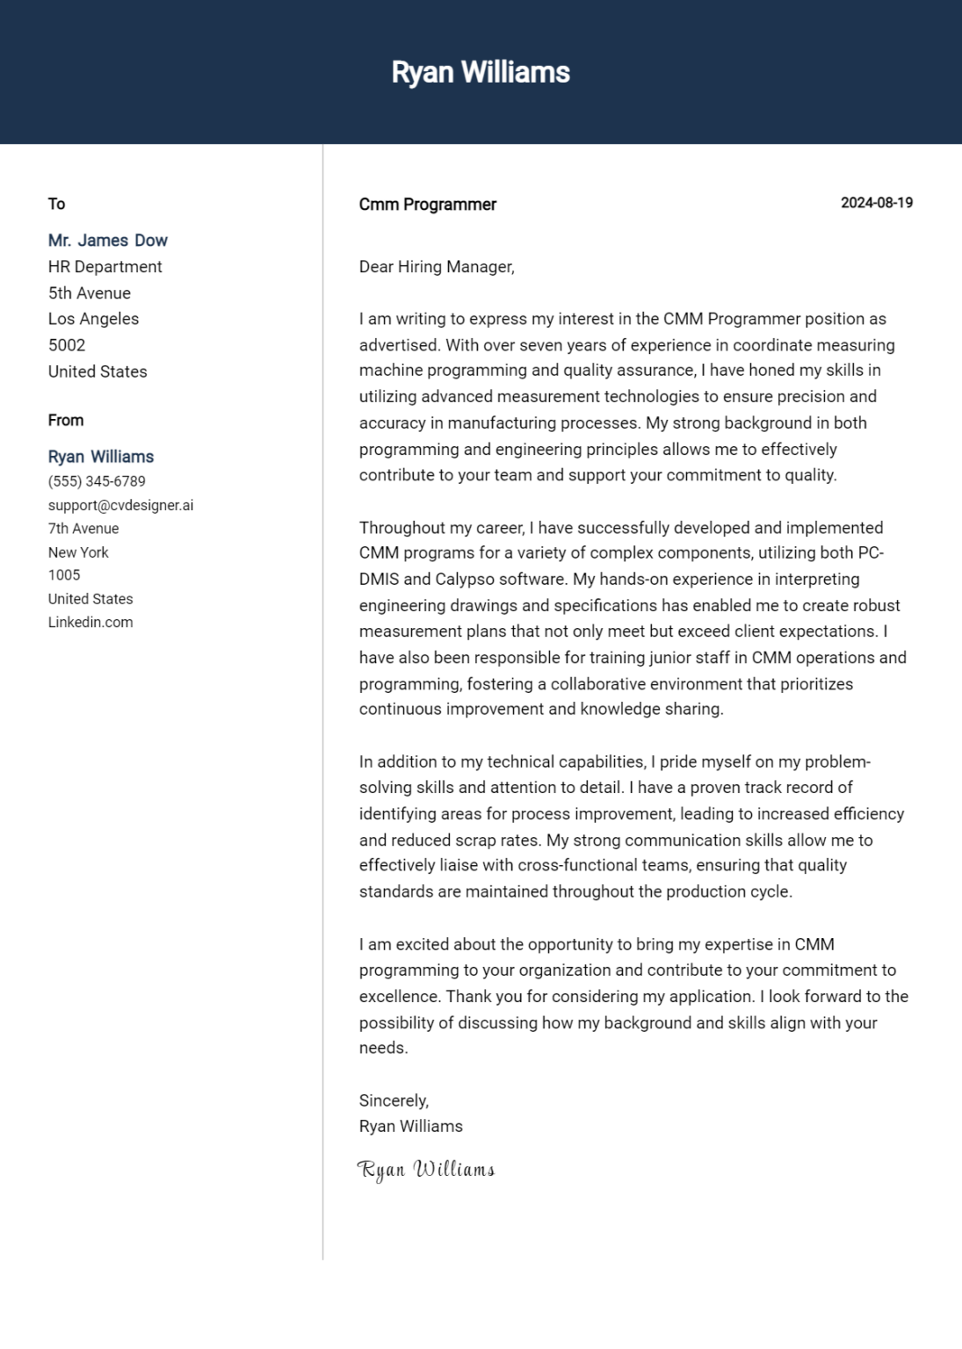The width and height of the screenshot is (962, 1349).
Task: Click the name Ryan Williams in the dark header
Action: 481,72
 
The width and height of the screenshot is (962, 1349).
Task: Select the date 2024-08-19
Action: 876,203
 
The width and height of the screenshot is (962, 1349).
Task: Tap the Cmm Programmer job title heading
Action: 427,205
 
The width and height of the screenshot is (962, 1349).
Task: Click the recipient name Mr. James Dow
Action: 107,241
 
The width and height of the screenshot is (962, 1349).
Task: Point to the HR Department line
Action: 105,267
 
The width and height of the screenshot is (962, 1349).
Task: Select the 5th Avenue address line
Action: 89,293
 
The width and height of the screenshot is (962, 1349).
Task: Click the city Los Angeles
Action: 93,319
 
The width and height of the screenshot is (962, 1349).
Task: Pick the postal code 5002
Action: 67,345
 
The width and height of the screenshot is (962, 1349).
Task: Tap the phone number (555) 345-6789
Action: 97,481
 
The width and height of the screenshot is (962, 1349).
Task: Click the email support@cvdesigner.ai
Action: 120,505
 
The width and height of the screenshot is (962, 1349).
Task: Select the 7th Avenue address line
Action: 83,529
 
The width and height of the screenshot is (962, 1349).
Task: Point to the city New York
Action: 78,552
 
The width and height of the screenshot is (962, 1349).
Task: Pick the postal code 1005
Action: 64,575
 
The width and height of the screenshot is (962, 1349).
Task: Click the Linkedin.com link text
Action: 90,622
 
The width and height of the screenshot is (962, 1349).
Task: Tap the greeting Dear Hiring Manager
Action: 436,267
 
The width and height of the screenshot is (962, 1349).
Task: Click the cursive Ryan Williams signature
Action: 426,1170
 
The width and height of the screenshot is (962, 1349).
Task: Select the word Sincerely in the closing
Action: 393,1100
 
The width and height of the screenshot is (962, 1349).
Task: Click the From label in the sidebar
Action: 66,421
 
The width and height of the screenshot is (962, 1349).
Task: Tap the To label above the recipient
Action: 56,204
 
